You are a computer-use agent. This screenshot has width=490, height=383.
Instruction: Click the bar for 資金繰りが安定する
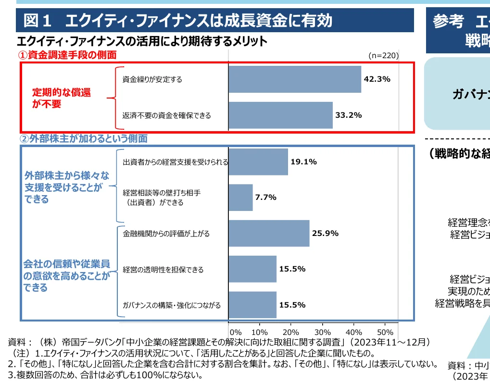pyautogui.click(x=294, y=79)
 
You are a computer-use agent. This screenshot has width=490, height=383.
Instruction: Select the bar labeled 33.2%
pyautogui.click(x=280, y=115)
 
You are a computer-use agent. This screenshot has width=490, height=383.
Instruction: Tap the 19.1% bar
pyautogui.click(x=258, y=162)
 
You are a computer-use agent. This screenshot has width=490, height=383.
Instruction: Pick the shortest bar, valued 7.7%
pyautogui.click(x=240, y=198)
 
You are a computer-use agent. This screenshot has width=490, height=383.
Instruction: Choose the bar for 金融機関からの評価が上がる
pyautogui.click(x=269, y=234)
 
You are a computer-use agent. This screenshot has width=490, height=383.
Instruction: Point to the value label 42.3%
pyautogui.click(x=377, y=79)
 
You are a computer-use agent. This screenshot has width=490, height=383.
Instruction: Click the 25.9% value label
pyautogui.click(x=325, y=234)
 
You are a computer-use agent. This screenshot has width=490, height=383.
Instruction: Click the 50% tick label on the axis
pyautogui.click(x=386, y=332)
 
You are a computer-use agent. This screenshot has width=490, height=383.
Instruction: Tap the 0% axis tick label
pyautogui.click(x=236, y=332)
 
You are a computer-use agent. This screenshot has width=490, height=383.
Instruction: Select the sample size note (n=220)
pyautogui.click(x=384, y=55)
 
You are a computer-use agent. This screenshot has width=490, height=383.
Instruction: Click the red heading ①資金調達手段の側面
pyautogui.click(x=68, y=55)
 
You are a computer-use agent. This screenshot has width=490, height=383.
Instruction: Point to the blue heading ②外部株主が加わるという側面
pyautogui.click(x=83, y=139)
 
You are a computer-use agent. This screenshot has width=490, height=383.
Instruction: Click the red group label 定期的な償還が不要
pyautogui.click(x=61, y=98)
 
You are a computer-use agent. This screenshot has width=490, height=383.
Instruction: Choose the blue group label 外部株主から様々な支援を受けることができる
pyautogui.click(x=67, y=187)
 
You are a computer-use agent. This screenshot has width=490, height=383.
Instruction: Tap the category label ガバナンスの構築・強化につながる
pyautogui.click(x=172, y=305)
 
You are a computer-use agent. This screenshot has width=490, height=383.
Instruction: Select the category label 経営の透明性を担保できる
pyautogui.click(x=163, y=270)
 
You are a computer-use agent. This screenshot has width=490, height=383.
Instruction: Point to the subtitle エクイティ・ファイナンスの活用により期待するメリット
pyautogui.click(x=142, y=41)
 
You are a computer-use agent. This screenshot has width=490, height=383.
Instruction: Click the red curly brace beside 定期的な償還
pyautogui.click(x=112, y=98)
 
